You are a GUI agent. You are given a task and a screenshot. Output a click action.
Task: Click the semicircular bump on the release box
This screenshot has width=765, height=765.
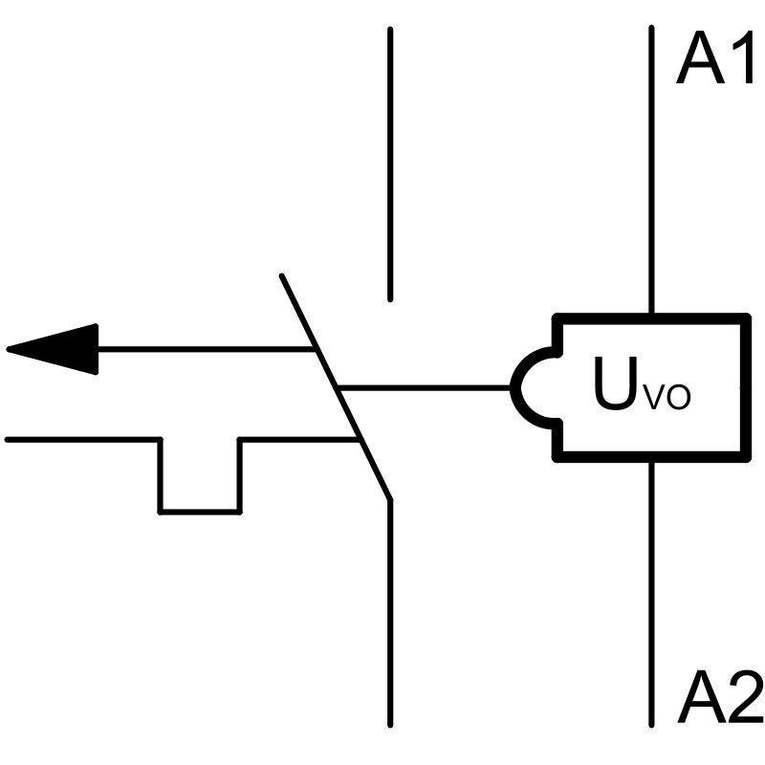[528, 388]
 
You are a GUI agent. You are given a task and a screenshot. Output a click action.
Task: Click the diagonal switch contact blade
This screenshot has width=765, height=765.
[335, 387]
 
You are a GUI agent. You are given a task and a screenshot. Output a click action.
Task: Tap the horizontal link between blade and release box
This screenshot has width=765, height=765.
[426, 388]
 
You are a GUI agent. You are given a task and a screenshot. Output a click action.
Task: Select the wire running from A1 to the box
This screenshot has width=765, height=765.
[652, 172]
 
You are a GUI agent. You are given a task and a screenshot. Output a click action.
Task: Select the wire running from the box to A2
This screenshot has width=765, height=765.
[652, 593]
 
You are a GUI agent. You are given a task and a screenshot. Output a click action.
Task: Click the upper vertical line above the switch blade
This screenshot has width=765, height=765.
[390, 163]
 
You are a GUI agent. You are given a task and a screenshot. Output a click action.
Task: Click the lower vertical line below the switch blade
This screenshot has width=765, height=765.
[390, 612]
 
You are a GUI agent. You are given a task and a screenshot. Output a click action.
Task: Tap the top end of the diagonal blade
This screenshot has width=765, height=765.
[281, 277]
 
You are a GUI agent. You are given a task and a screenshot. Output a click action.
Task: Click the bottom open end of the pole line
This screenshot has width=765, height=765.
[390, 724]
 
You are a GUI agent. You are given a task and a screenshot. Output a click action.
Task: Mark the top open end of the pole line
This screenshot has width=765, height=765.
[390, 31]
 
